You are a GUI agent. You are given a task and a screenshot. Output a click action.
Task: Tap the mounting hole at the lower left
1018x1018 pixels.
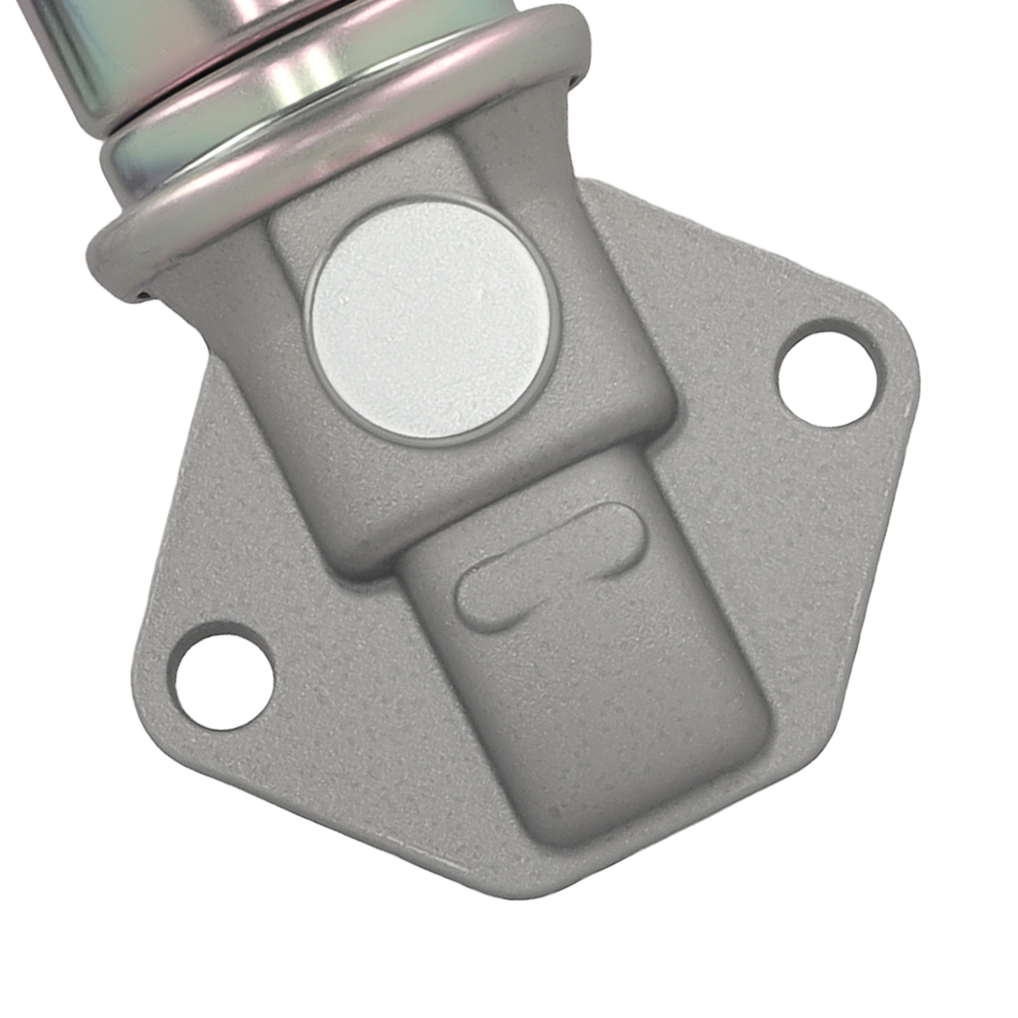(x=225, y=676)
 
